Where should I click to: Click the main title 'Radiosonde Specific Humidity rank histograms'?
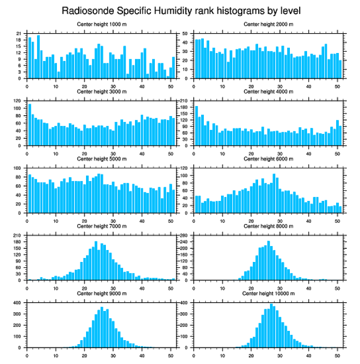tap(180, 10)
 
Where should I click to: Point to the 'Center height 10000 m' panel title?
tap(268, 293)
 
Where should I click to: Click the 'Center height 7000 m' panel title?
tap(101, 226)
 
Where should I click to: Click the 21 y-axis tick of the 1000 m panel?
tap(19, 34)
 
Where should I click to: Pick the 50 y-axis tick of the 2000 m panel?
tap(186, 34)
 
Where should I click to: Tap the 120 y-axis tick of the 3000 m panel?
tap(18, 101)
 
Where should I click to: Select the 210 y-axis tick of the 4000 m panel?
tap(184, 101)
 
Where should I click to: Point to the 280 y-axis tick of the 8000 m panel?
tap(184, 235)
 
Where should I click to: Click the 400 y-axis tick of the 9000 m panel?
tap(18, 303)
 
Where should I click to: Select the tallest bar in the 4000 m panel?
tap(196, 125)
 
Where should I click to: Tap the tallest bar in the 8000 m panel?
tap(268, 261)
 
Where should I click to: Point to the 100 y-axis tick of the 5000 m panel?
tap(18, 168)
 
